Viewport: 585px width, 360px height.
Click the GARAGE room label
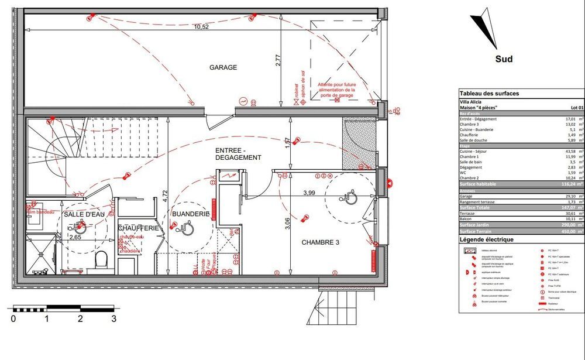tap(223, 67)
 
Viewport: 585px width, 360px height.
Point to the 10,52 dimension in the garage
tap(201, 26)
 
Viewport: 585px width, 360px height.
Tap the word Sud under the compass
tap(504, 59)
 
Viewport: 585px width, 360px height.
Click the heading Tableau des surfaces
tap(489, 93)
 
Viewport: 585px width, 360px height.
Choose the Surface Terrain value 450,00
tap(572, 231)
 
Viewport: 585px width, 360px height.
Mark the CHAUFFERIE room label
tap(139, 228)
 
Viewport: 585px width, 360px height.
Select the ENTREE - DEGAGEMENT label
tap(238, 153)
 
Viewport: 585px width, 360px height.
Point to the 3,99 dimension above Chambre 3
tap(308, 193)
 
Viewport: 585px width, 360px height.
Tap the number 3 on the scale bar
tap(113, 319)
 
